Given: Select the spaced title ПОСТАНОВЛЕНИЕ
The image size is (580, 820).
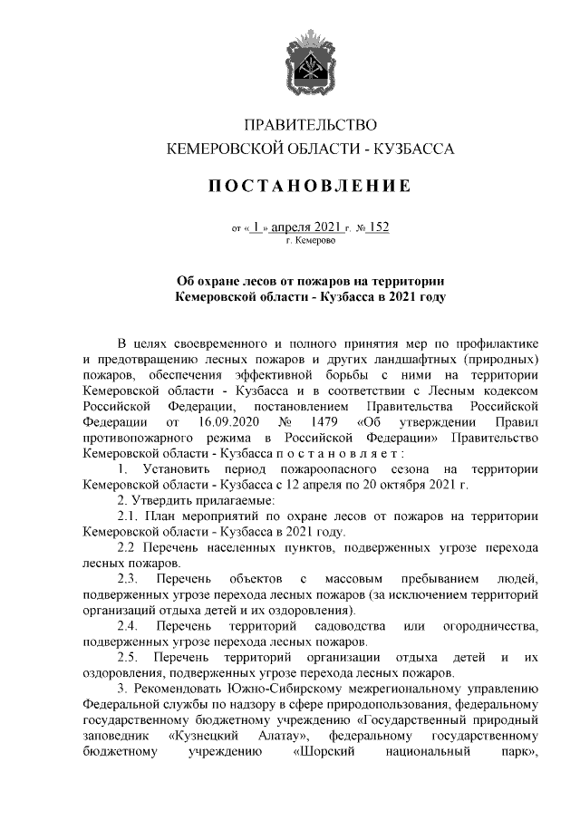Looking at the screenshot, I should pyautogui.click(x=311, y=187).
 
